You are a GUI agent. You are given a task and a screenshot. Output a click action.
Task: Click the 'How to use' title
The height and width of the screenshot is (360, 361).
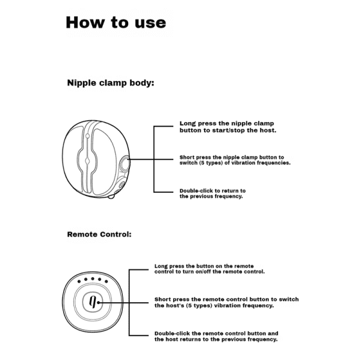click(116, 23)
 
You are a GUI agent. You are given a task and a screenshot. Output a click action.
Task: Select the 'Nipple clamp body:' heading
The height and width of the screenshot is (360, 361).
click(111, 83)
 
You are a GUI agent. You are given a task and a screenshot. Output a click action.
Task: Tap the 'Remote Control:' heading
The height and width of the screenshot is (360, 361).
click(99, 234)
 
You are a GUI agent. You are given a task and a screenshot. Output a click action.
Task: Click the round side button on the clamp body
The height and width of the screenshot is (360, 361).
click(125, 163)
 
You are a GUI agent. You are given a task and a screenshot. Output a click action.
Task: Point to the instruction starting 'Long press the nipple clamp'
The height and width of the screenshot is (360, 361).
click(228, 127)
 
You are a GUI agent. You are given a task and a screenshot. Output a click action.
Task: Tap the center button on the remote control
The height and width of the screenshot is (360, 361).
click(93, 302)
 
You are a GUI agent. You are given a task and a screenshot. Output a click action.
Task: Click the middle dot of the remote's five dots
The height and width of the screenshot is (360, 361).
click(93, 279)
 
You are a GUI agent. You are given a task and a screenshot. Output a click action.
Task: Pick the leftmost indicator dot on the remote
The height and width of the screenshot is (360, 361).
click(79, 281)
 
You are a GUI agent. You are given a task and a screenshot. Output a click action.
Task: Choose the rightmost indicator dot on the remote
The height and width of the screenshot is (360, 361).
click(106, 281)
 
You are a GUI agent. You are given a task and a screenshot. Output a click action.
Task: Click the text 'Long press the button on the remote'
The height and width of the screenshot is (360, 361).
click(204, 266)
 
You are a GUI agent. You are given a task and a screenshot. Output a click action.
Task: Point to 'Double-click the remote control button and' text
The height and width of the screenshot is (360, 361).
click(216, 334)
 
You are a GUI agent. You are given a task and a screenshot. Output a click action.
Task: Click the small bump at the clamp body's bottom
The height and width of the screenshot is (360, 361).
click(111, 197)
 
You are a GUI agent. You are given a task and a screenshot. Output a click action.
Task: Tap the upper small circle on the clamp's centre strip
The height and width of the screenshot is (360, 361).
click(87, 136)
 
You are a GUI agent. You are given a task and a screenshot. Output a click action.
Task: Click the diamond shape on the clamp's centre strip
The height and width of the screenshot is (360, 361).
click(87, 161)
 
